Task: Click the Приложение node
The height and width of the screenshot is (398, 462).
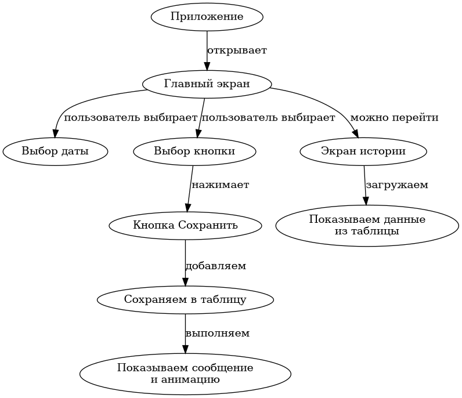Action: click(x=207, y=16)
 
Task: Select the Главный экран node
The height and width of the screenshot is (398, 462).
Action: click(x=207, y=84)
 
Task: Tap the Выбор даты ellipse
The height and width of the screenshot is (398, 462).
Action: click(x=55, y=151)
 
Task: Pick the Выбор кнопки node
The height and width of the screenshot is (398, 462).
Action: click(x=194, y=151)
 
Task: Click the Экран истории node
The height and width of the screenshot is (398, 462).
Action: click(x=363, y=151)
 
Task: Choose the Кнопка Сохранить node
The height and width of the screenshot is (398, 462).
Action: click(x=185, y=225)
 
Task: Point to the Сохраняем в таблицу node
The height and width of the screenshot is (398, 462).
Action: click(x=185, y=299)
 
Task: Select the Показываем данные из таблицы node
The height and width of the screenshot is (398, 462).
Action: click(x=367, y=225)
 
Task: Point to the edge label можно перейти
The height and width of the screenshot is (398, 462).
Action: click(x=394, y=118)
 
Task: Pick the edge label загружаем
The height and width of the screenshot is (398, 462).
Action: click(x=397, y=185)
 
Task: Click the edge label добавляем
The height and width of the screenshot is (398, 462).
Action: click(x=216, y=266)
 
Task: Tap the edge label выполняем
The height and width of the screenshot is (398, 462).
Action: click(x=218, y=334)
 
